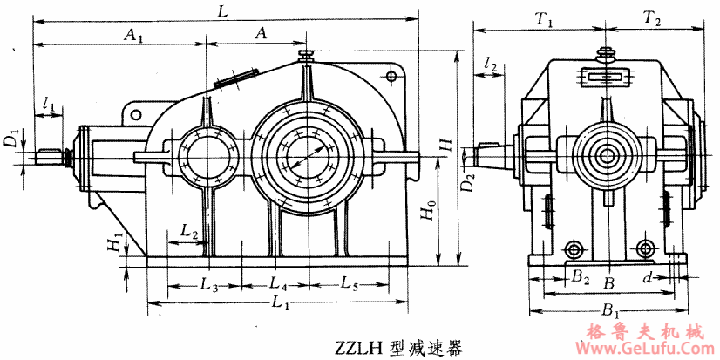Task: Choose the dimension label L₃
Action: tap(207, 283)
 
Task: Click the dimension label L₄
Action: tap(278, 283)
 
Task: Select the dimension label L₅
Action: tap(349, 283)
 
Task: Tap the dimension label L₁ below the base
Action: tap(280, 303)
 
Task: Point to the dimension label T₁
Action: tap(546, 17)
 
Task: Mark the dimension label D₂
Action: tap(469, 183)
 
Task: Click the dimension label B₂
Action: tap(580, 278)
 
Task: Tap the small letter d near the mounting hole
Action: tap(647, 278)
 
